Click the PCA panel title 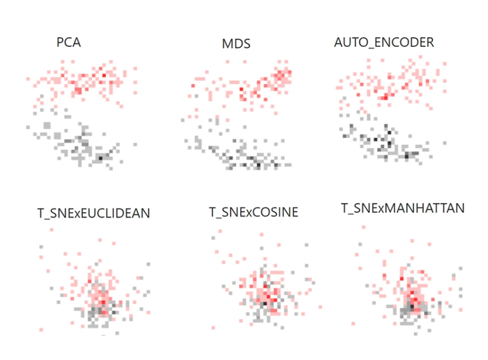[x=69, y=42]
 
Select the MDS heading [x=236, y=44]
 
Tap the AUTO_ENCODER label [x=384, y=42]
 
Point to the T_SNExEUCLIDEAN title [x=94, y=213]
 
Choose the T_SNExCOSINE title [x=254, y=213]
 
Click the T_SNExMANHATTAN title [x=403, y=208]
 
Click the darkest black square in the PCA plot [x=101, y=158]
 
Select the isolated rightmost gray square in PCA [x=135, y=144]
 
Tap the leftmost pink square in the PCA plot [x=29, y=78]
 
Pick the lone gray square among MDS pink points [x=196, y=96]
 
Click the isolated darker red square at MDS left [x=192, y=86]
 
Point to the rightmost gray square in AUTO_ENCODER [x=445, y=142]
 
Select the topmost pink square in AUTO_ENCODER [x=421, y=57]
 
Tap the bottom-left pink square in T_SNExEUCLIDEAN [x=41, y=330]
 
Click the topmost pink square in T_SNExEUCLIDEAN [x=100, y=240]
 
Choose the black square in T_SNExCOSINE [x=264, y=303]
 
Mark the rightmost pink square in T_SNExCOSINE [x=320, y=307]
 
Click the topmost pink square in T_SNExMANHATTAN [x=363, y=226]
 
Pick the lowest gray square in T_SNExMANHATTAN [x=415, y=334]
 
